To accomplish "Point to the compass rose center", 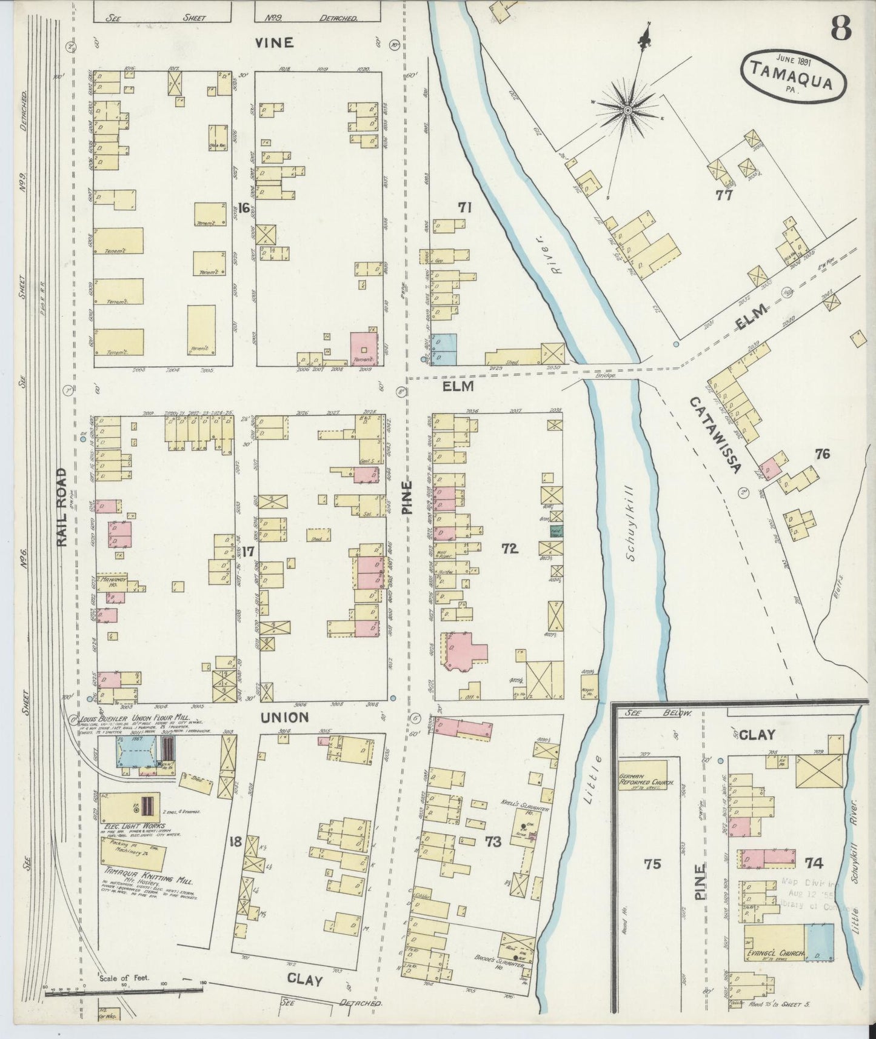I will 628,110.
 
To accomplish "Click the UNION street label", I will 284,717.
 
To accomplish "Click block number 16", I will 244,209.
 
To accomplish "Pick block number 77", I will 724,195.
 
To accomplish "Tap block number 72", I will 509,549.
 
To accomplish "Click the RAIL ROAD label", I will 62,507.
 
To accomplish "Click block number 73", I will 493,841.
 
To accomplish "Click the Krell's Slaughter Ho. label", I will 533,811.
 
